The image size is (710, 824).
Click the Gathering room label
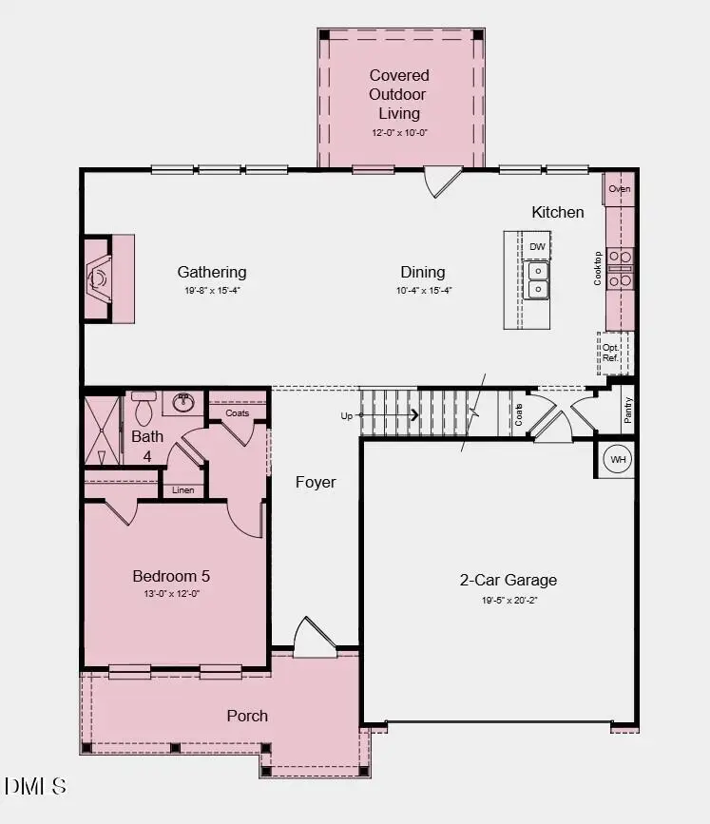click(x=211, y=272)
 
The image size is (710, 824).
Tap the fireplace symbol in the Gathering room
click(x=99, y=278)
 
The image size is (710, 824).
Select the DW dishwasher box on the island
click(x=537, y=247)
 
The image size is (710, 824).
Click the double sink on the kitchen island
click(x=537, y=279)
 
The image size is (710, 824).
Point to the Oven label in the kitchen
click(x=619, y=189)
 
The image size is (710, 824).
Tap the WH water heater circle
click(x=619, y=460)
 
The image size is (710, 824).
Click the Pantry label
click(x=628, y=411)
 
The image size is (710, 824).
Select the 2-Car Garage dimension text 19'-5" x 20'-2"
click(x=508, y=601)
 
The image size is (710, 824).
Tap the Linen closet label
click(x=183, y=490)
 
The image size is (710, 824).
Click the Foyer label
click(x=316, y=482)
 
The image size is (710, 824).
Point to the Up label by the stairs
click(x=347, y=415)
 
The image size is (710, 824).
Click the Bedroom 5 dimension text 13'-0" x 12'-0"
click(x=171, y=594)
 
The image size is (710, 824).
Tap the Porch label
click(x=247, y=716)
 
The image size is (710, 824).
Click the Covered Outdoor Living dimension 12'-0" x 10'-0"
click(x=399, y=134)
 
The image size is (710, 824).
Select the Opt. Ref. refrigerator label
click(x=610, y=353)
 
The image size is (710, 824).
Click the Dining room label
click(x=422, y=272)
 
